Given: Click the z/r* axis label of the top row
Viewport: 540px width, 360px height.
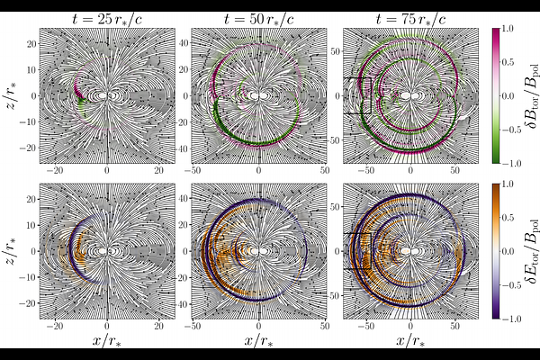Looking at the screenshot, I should click(12, 94).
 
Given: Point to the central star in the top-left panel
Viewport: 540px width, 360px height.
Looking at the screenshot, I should click(106, 94).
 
